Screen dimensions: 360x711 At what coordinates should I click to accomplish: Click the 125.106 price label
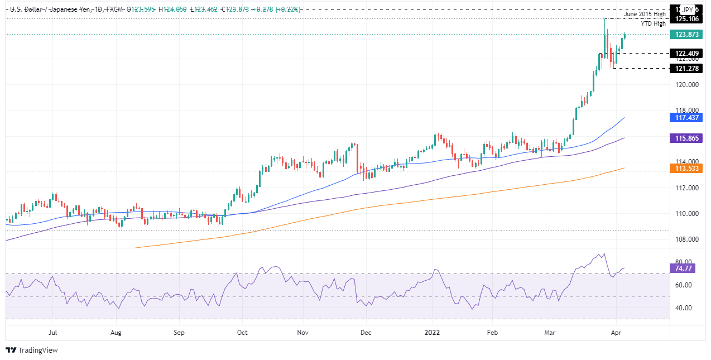coord(688,19)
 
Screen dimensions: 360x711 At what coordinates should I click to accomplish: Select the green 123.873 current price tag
coord(688,34)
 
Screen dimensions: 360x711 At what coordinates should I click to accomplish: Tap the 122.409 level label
coord(688,54)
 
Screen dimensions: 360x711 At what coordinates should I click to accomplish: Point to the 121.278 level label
coord(688,68)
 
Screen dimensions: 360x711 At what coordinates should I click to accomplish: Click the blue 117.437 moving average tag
coord(688,118)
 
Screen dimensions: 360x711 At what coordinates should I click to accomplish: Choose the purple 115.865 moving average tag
coord(688,137)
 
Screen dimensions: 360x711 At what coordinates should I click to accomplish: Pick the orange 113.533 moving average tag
coord(688,167)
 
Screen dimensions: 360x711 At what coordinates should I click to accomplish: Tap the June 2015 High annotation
coord(645,14)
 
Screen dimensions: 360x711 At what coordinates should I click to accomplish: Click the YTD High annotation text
coord(652,23)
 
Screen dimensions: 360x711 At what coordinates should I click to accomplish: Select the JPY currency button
coord(688,9)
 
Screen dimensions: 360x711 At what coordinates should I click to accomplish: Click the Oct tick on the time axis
coord(242,332)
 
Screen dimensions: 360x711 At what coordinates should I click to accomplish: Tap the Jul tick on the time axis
coord(53,332)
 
